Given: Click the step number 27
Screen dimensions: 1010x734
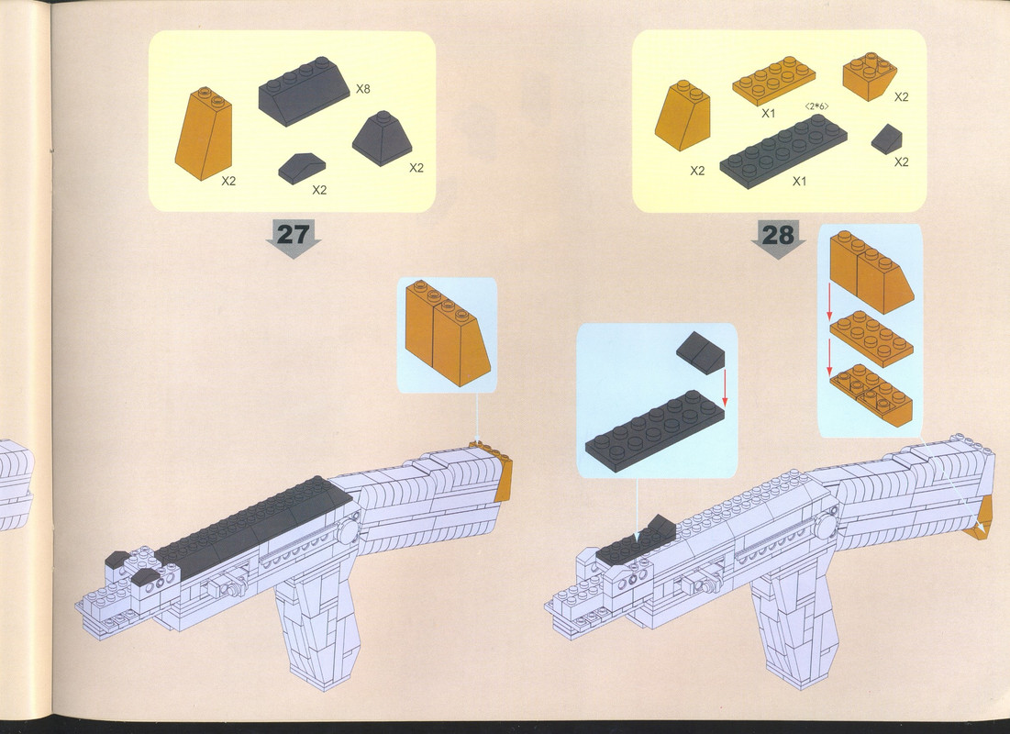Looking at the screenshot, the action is (x=293, y=234).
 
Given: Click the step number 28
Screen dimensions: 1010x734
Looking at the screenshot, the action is (x=778, y=235).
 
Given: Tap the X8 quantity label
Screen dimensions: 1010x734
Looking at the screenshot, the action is (x=363, y=89).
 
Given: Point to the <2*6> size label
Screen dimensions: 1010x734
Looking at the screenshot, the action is (x=816, y=106).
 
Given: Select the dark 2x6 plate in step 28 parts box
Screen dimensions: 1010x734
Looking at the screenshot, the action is (x=783, y=150).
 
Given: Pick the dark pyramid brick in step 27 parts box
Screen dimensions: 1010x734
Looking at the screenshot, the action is (x=382, y=138).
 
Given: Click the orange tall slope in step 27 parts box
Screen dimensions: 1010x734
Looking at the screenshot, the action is (x=204, y=133).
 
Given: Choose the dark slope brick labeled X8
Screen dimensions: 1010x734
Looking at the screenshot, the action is (x=304, y=90).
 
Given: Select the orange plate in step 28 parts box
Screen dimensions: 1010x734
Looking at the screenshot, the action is (x=773, y=81).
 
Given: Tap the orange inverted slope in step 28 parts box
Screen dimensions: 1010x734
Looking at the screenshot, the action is (x=870, y=76).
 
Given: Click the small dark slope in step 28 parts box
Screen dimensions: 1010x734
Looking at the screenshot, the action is (x=886, y=139).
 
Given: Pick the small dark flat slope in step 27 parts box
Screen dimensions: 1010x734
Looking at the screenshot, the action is (x=302, y=168).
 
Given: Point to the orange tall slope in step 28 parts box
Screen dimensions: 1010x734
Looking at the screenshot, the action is (x=683, y=116).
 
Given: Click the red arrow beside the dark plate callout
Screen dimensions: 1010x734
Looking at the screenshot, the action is (x=725, y=388).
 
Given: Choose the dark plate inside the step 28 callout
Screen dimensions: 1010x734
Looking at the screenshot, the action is (x=654, y=430).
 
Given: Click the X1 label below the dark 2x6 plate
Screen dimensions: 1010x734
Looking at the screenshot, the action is (x=799, y=182).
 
